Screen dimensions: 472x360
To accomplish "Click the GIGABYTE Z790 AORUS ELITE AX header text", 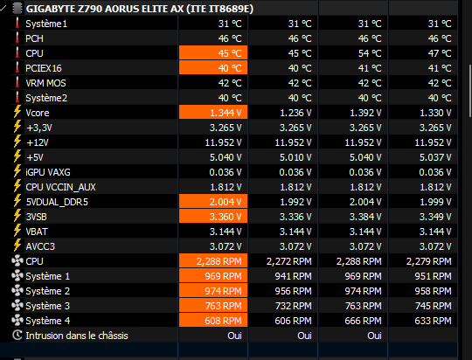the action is pos(140,9).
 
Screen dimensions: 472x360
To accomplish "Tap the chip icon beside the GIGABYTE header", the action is pos(17,9).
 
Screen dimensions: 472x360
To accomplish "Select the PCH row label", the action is pos(34,38).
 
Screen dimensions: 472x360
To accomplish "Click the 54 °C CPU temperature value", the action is pos(370,53).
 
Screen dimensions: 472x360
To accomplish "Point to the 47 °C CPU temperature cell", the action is pos(440,53).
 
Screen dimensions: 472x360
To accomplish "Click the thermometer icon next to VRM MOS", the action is pos(17,83).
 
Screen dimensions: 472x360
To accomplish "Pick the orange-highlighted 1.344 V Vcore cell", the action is pos(213,113).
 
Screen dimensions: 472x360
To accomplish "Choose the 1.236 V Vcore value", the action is pos(295,113).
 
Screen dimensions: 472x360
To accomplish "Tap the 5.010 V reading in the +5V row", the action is pos(295,157).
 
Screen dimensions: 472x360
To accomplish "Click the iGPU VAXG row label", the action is pos(48,172).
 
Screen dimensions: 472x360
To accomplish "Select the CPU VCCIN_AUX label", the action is pos(60,187).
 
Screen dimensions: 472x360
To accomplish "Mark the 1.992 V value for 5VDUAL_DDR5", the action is pos(295,202).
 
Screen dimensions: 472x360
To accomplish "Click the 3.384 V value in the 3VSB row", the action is pos(365,217).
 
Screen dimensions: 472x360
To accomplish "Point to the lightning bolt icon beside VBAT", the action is pos(17,232).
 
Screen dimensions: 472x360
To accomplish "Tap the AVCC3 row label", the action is pos(40,246).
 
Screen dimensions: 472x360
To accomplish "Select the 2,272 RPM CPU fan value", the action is pos(289,261).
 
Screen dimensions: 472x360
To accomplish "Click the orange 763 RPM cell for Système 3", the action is pos(213,306).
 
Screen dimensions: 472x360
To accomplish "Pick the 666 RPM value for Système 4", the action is pos(363,321).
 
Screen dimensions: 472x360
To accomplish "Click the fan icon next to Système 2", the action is pos(17,291).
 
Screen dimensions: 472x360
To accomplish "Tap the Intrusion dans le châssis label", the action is pos(77,336).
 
